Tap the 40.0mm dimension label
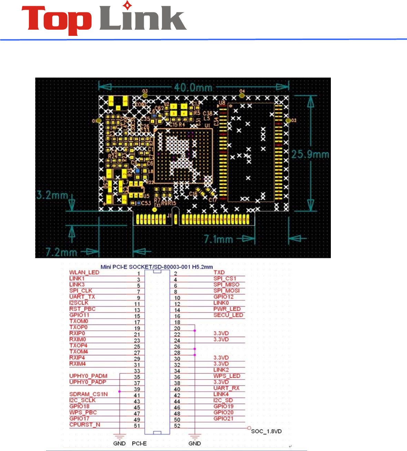(x=193, y=87)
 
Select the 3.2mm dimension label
(x=52, y=195)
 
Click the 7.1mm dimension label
(x=218, y=239)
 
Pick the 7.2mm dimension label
(x=61, y=252)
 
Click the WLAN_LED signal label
(x=84, y=272)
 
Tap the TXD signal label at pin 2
(x=219, y=272)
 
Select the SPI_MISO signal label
(x=226, y=284)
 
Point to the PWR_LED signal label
(x=227, y=309)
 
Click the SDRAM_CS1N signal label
(x=88, y=394)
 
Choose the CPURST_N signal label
(x=84, y=424)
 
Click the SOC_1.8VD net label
(x=266, y=431)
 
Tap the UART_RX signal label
(x=226, y=388)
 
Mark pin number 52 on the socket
(x=177, y=426)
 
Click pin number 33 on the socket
(x=137, y=371)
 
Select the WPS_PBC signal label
(x=83, y=412)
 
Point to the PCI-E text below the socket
(x=139, y=443)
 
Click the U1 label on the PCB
(x=207, y=126)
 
